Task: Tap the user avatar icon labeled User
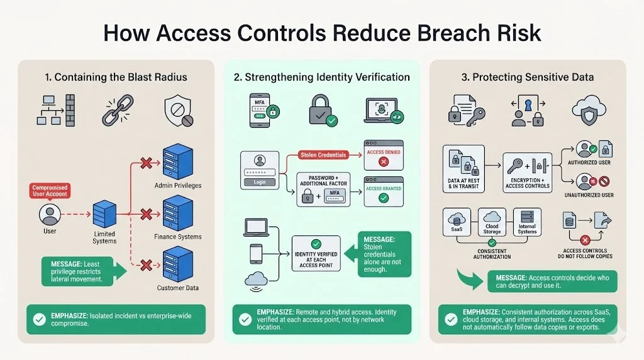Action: click(x=50, y=215)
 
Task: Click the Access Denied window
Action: click(x=384, y=155)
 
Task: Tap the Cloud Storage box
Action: click(x=492, y=223)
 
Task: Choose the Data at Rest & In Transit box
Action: click(x=464, y=169)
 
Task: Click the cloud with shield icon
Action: click(x=588, y=111)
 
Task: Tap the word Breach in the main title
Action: click(x=431, y=33)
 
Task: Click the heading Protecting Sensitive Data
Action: click(x=533, y=77)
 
